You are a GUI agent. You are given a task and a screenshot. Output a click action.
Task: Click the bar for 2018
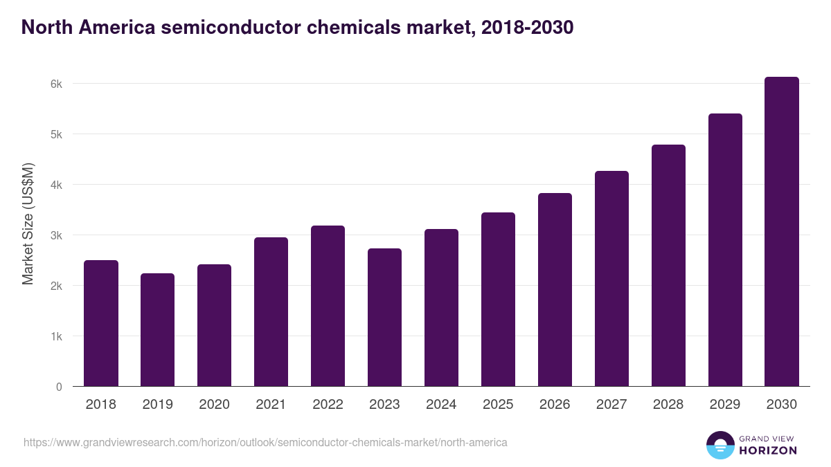tap(101, 323)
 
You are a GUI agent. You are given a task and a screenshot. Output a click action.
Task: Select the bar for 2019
tap(158, 330)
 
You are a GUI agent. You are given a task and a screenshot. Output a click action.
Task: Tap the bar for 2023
tap(384, 318)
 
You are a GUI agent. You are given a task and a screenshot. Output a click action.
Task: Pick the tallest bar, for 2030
tap(782, 232)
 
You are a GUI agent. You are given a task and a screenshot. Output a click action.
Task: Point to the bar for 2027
tap(611, 279)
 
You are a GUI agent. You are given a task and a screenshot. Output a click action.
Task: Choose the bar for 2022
tap(328, 306)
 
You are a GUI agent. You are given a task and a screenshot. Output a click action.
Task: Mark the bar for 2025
tap(498, 300)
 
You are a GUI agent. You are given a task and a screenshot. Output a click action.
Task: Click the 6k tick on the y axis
tap(57, 84)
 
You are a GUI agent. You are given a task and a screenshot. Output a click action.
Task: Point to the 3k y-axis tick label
tap(57, 235)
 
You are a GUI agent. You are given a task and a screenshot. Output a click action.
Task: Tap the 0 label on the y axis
tap(60, 387)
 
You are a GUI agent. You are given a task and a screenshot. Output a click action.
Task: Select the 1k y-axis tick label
tap(57, 336)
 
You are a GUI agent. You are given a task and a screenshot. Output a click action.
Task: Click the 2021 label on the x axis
tap(271, 405)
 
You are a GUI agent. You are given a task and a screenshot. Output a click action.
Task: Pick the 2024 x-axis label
tap(441, 405)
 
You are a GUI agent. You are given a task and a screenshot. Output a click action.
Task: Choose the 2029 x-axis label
tap(725, 405)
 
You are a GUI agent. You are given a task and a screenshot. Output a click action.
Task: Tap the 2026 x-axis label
tap(555, 405)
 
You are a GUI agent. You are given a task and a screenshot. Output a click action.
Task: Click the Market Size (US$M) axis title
tap(28, 223)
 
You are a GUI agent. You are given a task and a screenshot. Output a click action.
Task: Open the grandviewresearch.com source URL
tap(265, 442)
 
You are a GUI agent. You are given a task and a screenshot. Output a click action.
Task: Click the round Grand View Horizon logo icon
tap(720, 445)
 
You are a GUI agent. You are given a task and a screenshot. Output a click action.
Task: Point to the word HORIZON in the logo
tap(768, 450)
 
